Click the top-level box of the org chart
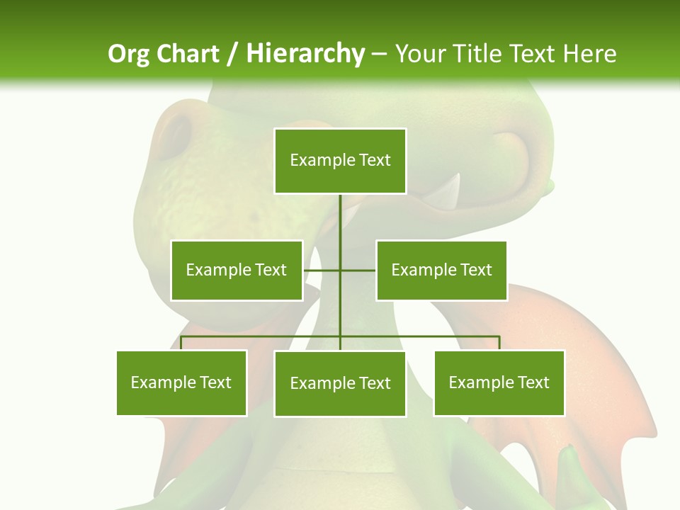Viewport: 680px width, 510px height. pos(340,161)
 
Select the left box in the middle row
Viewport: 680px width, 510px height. pos(237,270)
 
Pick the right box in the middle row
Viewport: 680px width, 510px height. pos(441,270)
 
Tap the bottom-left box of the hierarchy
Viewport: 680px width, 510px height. pos(181,382)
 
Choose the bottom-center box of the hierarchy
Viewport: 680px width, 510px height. pos(340,383)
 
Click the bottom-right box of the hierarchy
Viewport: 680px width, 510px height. pos(499,382)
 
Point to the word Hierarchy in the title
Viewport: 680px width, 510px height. pos(305,54)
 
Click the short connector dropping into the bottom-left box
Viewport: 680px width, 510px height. pos(181,343)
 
